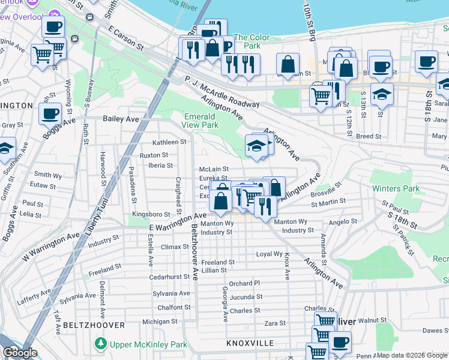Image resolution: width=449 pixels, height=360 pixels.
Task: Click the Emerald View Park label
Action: pyautogui.click(x=201, y=120)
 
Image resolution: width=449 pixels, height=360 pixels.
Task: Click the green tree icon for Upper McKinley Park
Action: pyautogui.click(x=101, y=344)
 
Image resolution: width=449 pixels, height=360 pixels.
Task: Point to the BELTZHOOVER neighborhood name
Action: pyautogui.click(x=94, y=325)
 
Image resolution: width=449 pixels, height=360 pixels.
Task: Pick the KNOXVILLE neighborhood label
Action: pyautogui.click(x=251, y=344)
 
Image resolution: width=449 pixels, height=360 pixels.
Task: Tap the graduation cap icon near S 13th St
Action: pyautogui.click(x=381, y=95)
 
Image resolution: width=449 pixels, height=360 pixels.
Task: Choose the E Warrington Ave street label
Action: pyautogui.click(x=178, y=221)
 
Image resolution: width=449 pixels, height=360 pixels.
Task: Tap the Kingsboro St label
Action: pyautogui.click(x=151, y=214)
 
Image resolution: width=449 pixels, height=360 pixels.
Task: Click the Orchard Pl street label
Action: pyautogui.click(x=244, y=283)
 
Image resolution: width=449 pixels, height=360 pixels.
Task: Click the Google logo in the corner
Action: pyautogui.click(x=20, y=353)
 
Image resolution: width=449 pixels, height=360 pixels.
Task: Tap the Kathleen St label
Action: pyautogui.click(x=169, y=142)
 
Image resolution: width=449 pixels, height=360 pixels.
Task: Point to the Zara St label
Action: pyautogui.click(x=275, y=323)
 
